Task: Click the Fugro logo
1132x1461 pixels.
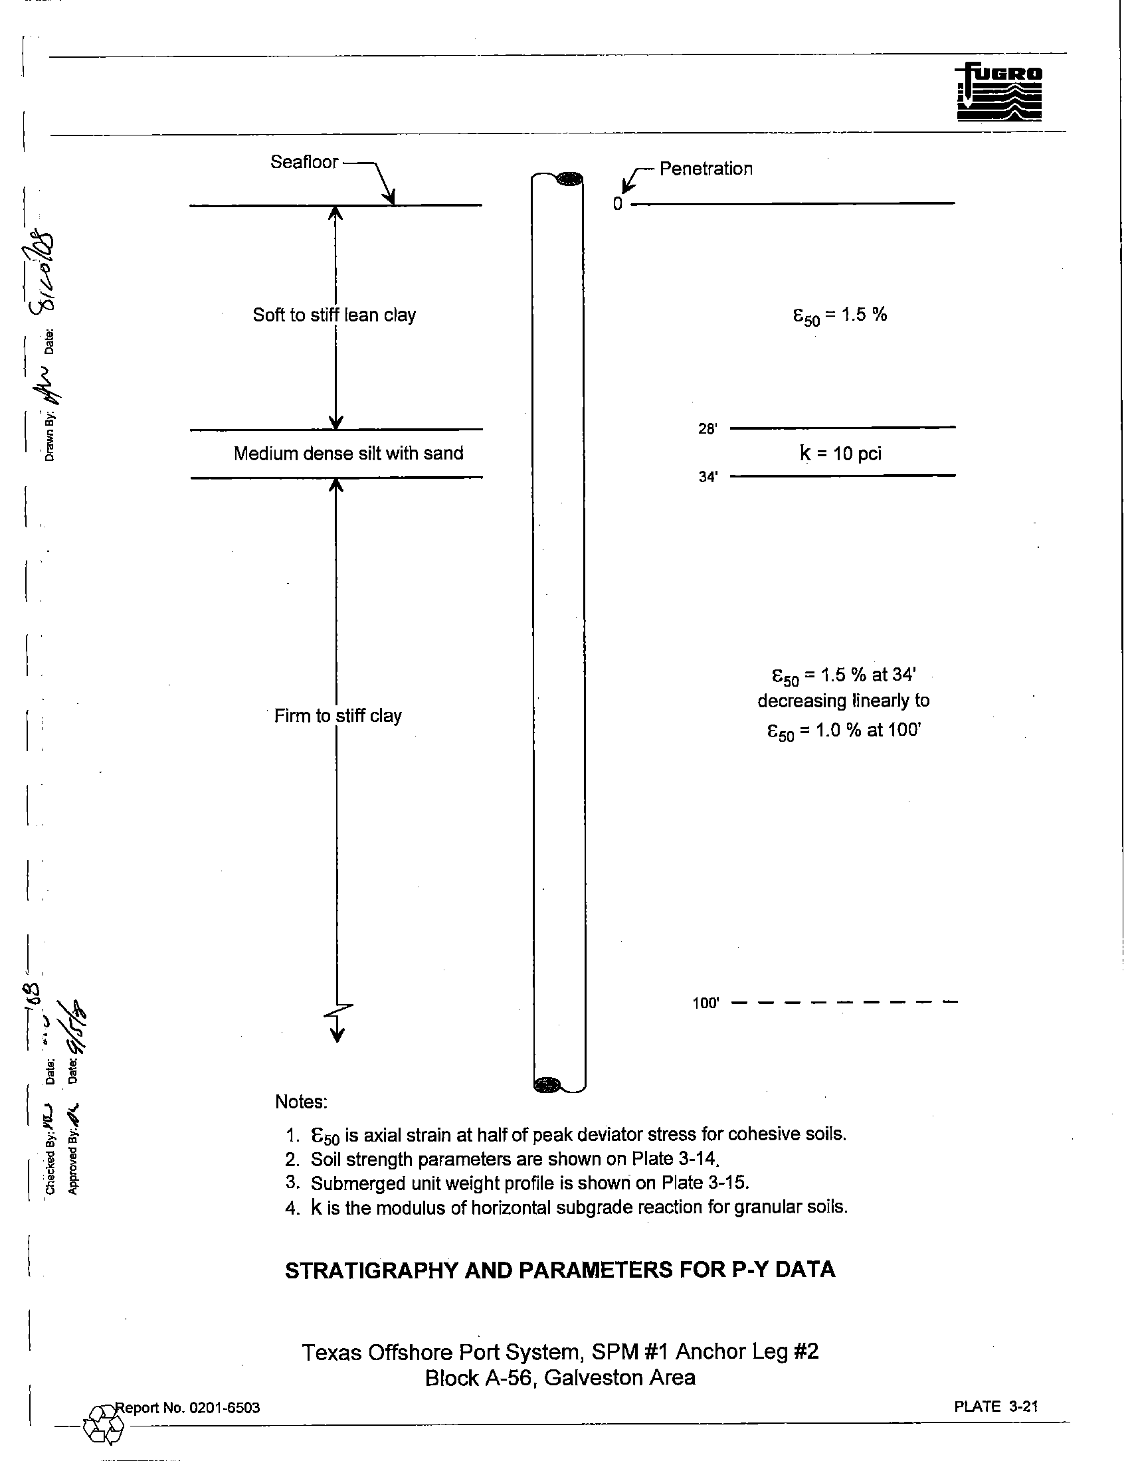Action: tap(999, 92)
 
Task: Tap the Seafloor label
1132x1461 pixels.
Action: tap(304, 162)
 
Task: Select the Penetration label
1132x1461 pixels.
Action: tap(706, 169)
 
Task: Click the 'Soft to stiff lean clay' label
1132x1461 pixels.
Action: tap(334, 315)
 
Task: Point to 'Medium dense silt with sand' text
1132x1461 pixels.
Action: tap(348, 454)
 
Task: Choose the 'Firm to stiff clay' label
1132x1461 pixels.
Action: tap(338, 716)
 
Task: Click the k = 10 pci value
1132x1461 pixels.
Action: tap(840, 454)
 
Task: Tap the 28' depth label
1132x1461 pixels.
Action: tap(707, 429)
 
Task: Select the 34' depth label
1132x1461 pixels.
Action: tap(707, 477)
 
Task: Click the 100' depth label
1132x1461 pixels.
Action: tap(705, 1003)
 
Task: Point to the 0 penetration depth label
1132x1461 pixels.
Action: tap(618, 204)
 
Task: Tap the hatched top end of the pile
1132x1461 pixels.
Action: tap(569, 179)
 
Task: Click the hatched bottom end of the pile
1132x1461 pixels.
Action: tap(548, 1084)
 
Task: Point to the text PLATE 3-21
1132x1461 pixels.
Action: tap(996, 1406)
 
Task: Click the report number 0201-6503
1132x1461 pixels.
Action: tap(223, 1407)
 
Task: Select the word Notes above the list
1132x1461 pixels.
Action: tap(301, 1102)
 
